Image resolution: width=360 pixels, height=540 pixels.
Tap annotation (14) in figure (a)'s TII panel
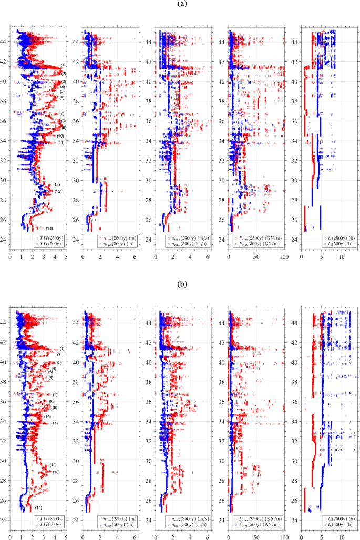click(49, 229)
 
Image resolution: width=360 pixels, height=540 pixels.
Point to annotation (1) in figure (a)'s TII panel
click(63, 65)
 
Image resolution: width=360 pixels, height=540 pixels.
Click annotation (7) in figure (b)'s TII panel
click(55, 394)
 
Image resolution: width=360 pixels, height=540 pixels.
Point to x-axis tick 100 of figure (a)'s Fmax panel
click(284, 257)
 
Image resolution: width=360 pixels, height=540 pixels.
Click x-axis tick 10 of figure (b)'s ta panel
click(342, 537)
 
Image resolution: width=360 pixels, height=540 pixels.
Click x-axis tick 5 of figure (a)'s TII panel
click(66, 257)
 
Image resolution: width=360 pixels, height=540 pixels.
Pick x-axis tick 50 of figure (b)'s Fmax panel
click(256, 537)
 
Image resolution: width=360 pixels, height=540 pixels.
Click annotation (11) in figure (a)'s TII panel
click(61, 143)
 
